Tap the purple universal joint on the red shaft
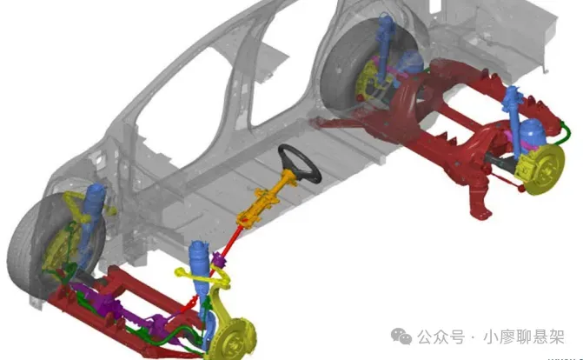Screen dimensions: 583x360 [x=218, y=260]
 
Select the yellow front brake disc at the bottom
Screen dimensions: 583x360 [x=232, y=338]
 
